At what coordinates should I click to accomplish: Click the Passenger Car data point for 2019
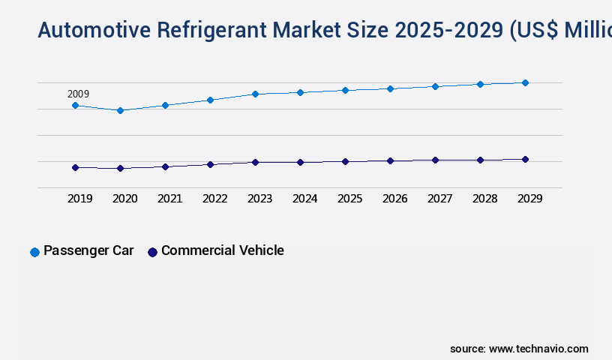pos(75,106)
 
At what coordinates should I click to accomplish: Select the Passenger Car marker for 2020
pos(120,110)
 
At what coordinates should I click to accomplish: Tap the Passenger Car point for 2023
pos(255,94)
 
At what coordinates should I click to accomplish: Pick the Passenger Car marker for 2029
pos(525,82)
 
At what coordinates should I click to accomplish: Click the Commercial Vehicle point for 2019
pos(75,167)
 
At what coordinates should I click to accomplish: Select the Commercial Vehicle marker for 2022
pos(210,164)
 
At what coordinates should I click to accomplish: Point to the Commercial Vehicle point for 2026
pos(390,160)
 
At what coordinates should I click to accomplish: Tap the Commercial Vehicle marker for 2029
pos(525,159)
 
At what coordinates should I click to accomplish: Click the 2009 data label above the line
pos(78,94)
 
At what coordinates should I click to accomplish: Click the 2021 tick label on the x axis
pos(169,199)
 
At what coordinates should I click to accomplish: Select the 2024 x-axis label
pos(304,199)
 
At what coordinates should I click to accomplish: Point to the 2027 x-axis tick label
pos(439,199)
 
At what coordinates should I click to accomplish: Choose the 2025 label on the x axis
pos(349,199)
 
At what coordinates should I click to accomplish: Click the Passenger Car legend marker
pos(34,252)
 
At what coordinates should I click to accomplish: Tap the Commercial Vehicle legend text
pos(222,250)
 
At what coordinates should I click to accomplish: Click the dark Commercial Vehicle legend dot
pos(152,252)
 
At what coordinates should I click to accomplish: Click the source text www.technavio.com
pos(538,349)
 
